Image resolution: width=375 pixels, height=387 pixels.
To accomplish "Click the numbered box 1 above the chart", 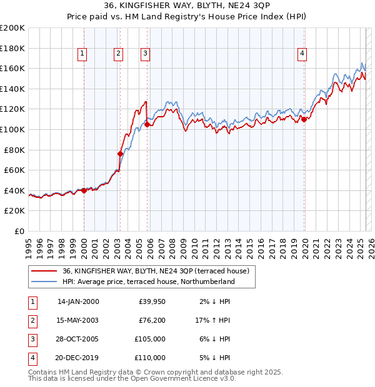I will tap(82, 54).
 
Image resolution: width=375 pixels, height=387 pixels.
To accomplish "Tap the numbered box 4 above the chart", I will tap(302, 54).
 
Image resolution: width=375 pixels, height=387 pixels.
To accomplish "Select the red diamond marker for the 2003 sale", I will tap(120, 153).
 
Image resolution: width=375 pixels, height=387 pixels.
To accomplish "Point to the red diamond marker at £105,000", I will tap(147, 124).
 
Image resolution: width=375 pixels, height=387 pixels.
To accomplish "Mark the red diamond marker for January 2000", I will tap(84, 190).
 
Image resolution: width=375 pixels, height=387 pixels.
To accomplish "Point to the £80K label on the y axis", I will tap(14, 150).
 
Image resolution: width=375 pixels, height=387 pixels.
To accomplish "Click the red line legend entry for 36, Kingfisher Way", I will tap(156, 271).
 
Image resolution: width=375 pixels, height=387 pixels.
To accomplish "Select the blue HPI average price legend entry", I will tap(148, 282).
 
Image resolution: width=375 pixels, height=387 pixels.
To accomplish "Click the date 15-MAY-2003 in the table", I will tap(78, 321).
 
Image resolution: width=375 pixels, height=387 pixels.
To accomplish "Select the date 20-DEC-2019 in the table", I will tap(78, 358).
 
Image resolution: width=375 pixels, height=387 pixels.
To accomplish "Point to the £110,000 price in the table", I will tap(150, 358).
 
